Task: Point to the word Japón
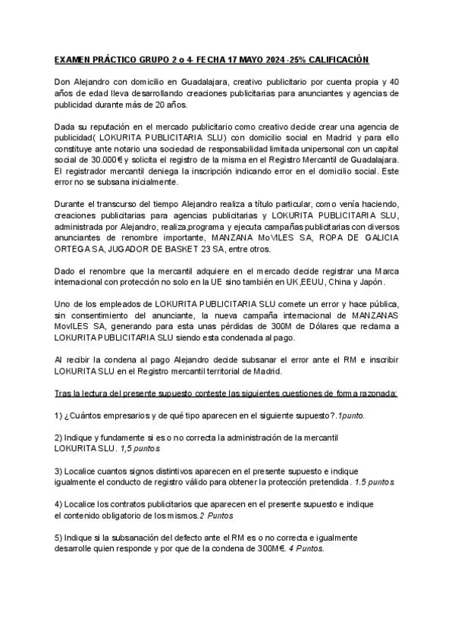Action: [370, 283]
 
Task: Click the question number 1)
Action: [58, 416]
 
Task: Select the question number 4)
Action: [58, 504]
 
